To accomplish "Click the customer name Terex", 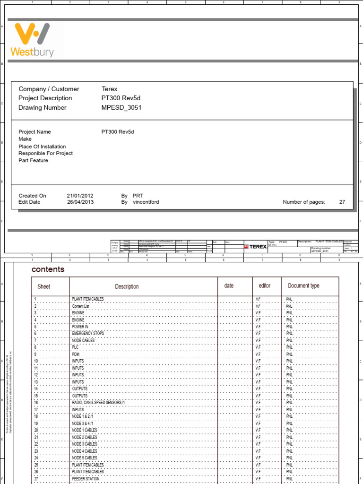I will [x=109, y=89].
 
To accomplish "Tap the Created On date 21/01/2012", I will [x=80, y=196].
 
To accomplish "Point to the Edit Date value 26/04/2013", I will [x=80, y=202].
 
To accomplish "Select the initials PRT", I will [x=138, y=196].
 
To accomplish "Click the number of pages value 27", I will [x=342, y=202].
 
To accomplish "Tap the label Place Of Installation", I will [x=42, y=147].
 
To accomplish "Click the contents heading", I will [x=48, y=269].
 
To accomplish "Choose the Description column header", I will [x=127, y=286].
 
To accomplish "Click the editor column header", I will [x=264, y=286].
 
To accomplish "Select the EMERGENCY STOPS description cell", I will [x=88, y=334].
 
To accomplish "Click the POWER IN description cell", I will [x=80, y=327].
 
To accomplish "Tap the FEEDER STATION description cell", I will [x=86, y=479].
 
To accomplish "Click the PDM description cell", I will [x=76, y=354].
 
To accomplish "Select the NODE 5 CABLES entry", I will [x=85, y=458].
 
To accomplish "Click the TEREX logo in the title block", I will [x=255, y=247].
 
